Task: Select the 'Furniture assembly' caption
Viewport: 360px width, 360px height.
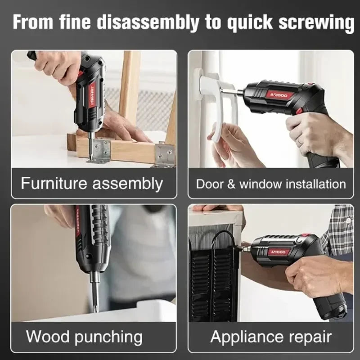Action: (92, 184)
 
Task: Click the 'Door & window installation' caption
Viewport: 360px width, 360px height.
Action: (271, 184)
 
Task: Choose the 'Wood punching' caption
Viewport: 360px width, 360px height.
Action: (84, 337)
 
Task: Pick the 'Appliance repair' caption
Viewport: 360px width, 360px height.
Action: (271, 337)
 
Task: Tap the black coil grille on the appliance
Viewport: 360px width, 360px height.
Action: (211, 279)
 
